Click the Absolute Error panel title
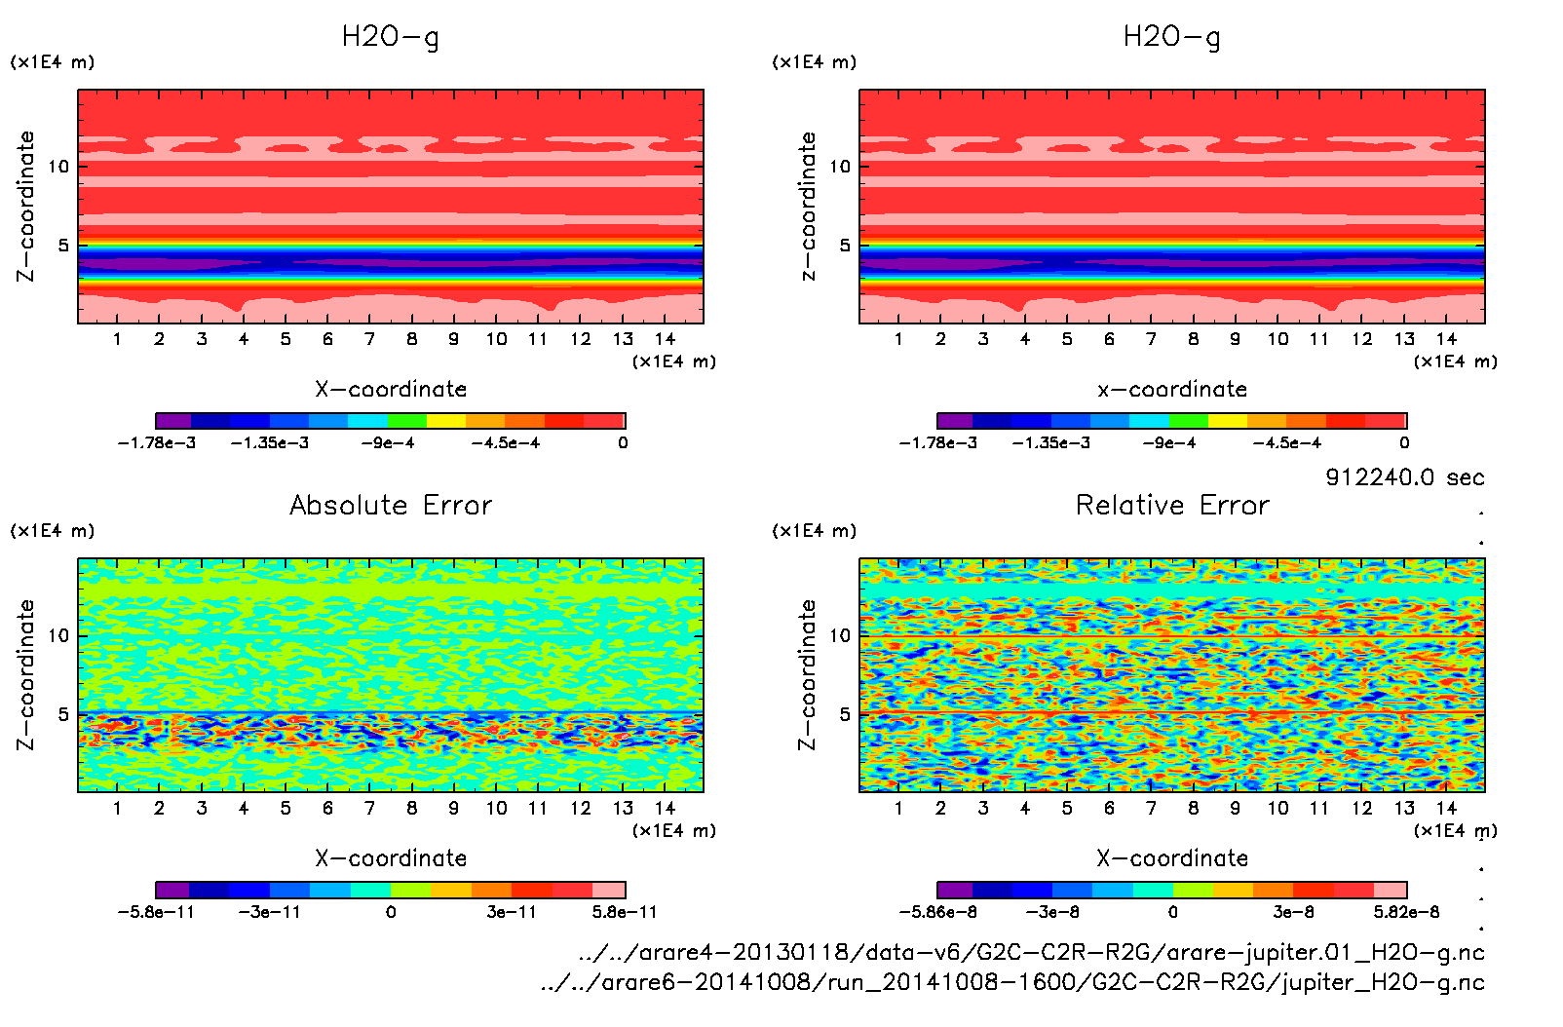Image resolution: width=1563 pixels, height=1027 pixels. click(x=391, y=505)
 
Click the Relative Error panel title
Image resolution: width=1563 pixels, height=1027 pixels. click(x=1172, y=505)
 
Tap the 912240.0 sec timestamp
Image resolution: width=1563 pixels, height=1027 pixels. click(x=1404, y=477)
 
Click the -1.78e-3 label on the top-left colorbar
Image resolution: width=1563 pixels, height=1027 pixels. click(x=157, y=443)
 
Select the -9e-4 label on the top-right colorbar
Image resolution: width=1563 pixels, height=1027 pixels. click(x=1169, y=443)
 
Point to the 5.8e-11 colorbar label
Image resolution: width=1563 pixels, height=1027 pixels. click(x=625, y=912)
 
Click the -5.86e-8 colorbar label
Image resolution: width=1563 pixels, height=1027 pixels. click(x=937, y=912)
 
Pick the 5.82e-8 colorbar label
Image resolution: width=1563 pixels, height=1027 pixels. click(x=1406, y=912)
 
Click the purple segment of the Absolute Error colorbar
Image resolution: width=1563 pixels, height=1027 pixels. click(x=172, y=890)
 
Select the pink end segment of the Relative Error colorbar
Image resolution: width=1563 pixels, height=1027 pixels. click(x=1390, y=890)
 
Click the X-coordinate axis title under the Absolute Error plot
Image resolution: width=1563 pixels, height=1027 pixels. click(x=391, y=858)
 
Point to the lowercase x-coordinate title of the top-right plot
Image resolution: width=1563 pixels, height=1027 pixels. click(x=1172, y=390)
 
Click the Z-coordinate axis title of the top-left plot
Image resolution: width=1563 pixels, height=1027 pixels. click(x=26, y=207)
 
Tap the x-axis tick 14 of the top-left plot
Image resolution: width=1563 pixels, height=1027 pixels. click(x=665, y=339)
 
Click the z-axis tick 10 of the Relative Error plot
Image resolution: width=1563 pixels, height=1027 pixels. click(x=840, y=635)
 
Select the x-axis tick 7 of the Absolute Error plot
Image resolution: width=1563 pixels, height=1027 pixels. click(x=369, y=808)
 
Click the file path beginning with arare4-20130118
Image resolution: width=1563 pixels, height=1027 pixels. click(x=1031, y=952)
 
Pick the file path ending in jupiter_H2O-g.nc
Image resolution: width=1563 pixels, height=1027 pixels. click(x=1012, y=982)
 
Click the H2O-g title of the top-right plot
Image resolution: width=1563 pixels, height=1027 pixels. click(x=1171, y=37)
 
